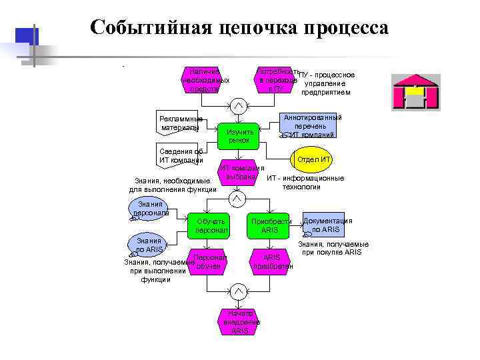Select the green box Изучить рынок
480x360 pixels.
239,135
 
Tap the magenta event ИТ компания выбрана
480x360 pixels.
238,173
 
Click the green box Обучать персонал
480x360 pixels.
211,225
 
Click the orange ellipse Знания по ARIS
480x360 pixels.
149,245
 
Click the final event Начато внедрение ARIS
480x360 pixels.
239,322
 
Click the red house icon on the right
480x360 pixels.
415,93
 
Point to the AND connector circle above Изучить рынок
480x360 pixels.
239,105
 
